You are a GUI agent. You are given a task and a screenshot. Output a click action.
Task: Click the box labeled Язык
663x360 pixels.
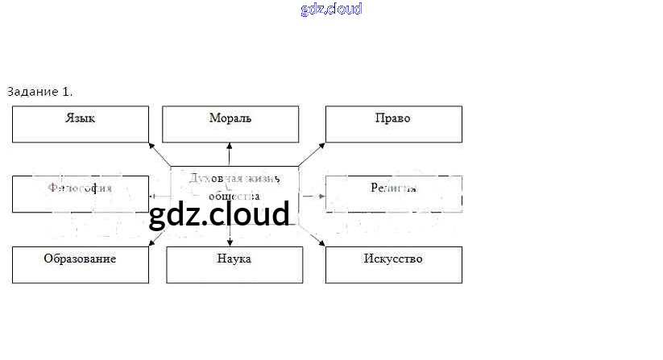pyautogui.click(x=81, y=124)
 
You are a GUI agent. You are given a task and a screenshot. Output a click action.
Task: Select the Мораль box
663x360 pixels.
pyautogui.click(x=230, y=124)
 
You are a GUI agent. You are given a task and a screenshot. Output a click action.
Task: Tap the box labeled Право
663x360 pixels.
pyautogui.click(x=393, y=124)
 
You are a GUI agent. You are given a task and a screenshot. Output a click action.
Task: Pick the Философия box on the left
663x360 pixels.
pyautogui.click(x=81, y=194)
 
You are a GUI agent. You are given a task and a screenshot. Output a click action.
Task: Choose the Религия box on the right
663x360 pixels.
pyautogui.click(x=393, y=194)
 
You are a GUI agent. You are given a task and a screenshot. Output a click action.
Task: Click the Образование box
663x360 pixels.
pyautogui.click(x=81, y=265)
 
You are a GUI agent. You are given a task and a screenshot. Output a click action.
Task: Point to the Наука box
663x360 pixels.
pyautogui.click(x=234, y=265)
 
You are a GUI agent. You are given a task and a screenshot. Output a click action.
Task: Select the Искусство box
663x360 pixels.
pyautogui.click(x=393, y=265)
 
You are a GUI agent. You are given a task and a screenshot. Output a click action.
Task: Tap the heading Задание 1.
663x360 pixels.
pyautogui.click(x=45, y=91)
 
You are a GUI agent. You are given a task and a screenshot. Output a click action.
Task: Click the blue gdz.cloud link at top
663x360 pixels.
pyautogui.click(x=331, y=9)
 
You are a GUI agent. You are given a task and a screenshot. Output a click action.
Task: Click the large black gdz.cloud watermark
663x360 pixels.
pyautogui.click(x=219, y=214)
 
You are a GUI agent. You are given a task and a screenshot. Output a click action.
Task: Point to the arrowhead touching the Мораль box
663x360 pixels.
pyautogui.click(x=230, y=146)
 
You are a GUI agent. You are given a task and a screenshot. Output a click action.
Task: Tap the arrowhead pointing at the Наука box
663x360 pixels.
pyautogui.click(x=230, y=242)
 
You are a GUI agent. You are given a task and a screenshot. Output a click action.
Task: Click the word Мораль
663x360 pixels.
pyautogui.click(x=230, y=118)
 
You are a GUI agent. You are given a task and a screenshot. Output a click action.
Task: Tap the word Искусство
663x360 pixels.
pyautogui.click(x=393, y=259)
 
